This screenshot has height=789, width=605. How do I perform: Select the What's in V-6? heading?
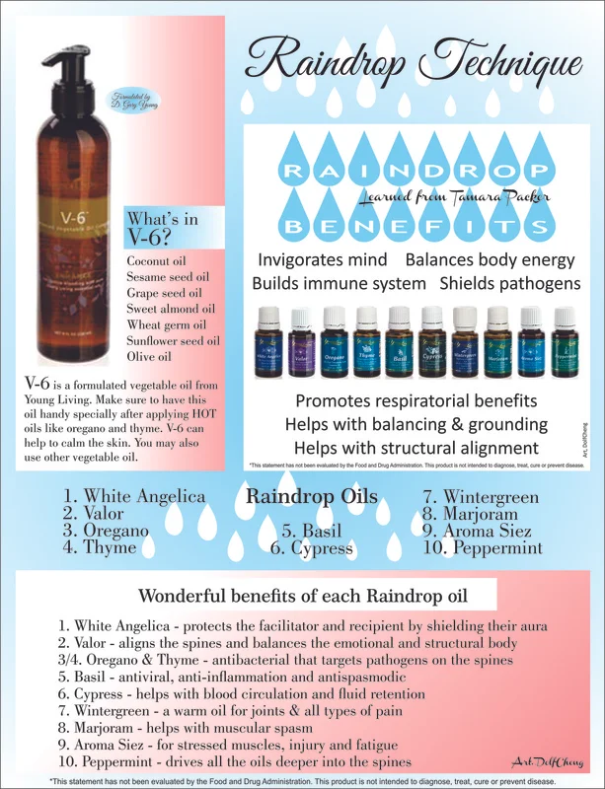click(162, 226)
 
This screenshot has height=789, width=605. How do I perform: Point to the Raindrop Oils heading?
click(310, 496)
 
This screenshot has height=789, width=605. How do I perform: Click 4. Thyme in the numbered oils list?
click(99, 546)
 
